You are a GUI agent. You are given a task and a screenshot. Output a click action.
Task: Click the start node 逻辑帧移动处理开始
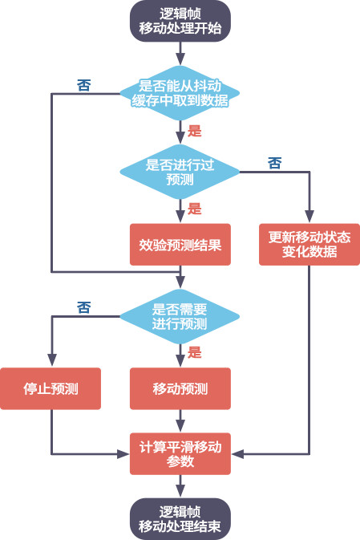tap(180, 21)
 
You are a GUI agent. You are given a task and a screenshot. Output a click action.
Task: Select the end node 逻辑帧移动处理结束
tap(180, 518)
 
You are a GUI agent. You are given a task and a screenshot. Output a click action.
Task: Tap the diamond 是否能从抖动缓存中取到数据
tap(180, 93)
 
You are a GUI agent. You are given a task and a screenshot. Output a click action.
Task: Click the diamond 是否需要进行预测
tap(180, 316)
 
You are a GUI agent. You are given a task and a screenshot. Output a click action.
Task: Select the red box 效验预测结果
tap(180, 244)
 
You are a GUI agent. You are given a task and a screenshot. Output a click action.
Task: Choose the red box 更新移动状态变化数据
tap(309, 244)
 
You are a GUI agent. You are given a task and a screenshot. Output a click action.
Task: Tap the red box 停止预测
tap(51, 388)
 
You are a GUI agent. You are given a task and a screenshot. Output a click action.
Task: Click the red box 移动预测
tap(180, 388)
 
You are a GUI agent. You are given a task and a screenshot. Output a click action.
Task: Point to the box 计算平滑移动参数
tap(180, 454)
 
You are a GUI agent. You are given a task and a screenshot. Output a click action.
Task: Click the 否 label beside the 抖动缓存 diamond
tap(83, 84)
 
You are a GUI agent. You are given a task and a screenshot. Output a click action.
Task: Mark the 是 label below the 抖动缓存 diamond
tap(195, 130)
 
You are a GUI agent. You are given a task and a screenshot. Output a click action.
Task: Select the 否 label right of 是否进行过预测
tap(274, 163)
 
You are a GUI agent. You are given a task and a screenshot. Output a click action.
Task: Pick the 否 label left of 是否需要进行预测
tap(83, 307)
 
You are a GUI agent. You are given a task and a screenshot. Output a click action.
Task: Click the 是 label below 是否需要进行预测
tap(195, 352)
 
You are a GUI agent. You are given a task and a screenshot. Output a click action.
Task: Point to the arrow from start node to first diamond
tap(180, 53)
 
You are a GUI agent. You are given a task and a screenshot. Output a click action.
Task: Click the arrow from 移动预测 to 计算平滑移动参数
tap(180, 420)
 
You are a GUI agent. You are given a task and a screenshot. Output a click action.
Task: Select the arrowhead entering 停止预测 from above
tap(51, 363)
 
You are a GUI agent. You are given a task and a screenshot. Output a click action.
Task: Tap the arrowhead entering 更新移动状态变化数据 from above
tap(309, 218)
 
